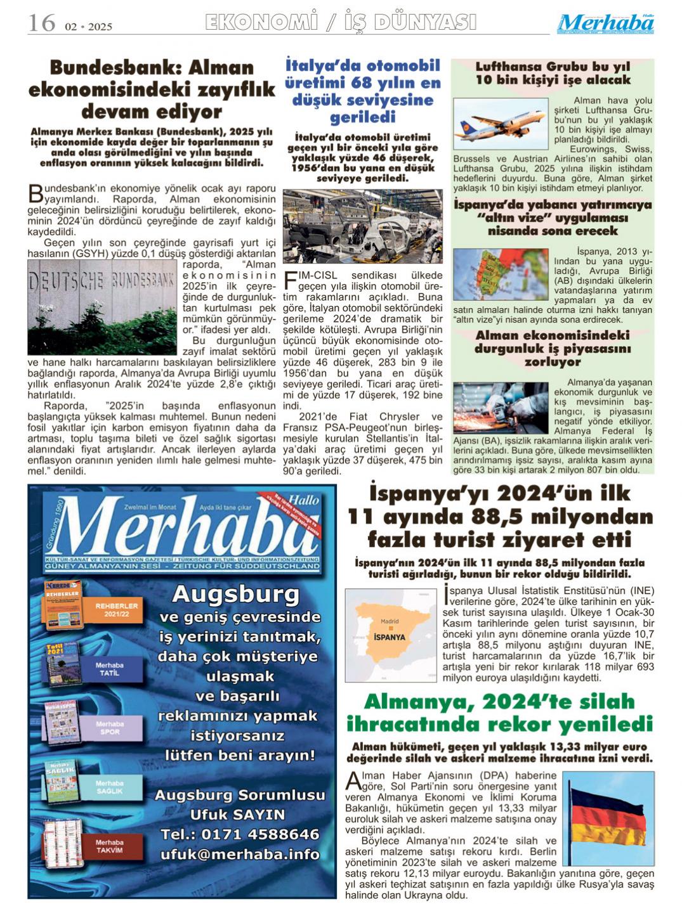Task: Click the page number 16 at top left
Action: (x=42, y=23)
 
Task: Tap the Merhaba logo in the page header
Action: (x=605, y=24)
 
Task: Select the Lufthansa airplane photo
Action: (x=501, y=123)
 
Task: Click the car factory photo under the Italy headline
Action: (x=362, y=226)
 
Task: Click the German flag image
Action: (x=608, y=818)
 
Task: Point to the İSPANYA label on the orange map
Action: (x=390, y=637)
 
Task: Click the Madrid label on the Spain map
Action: (x=389, y=621)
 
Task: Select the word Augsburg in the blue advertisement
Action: (x=235, y=595)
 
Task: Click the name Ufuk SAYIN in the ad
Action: (x=237, y=814)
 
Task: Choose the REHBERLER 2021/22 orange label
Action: (x=116, y=610)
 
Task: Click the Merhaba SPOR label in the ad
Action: (x=110, y=728)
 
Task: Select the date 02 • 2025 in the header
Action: (x=88, y=27)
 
